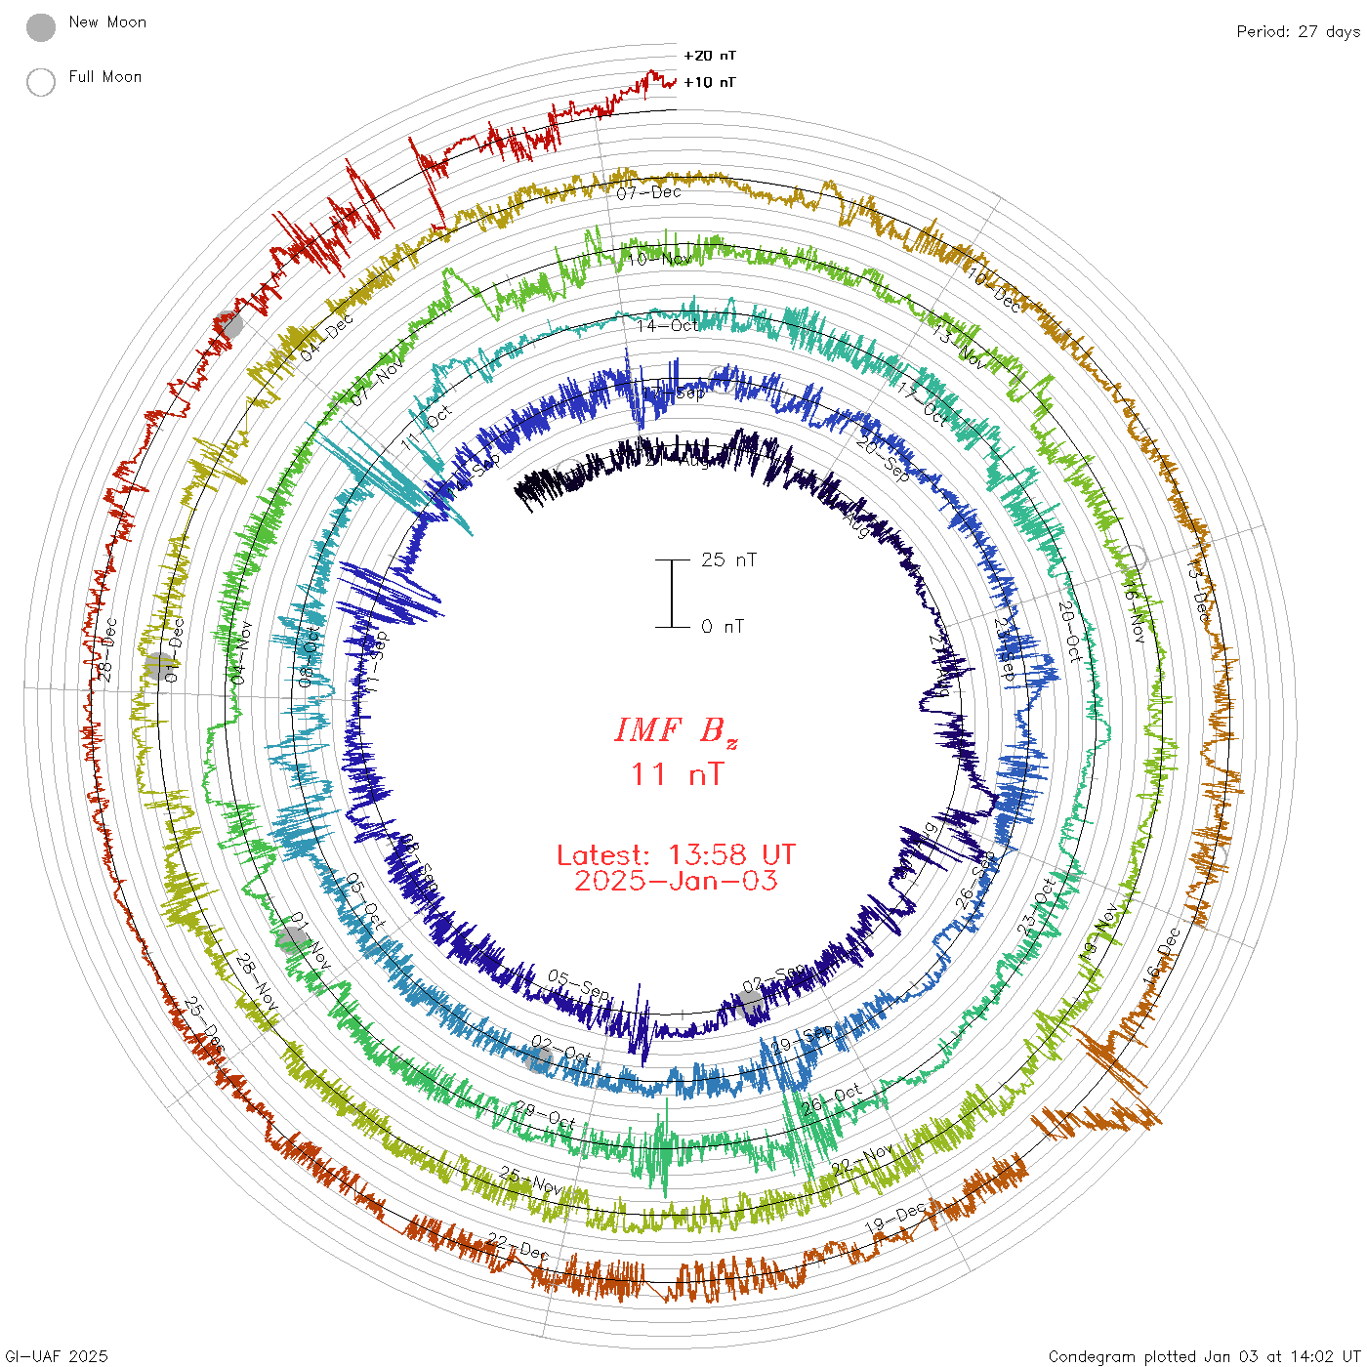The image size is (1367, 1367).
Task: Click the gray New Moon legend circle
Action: click(41, 28)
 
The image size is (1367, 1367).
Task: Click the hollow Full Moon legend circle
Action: click(41, 82)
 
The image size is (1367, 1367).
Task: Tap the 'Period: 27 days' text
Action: click(1298, 32)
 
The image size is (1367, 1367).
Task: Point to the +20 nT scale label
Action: click(710, 56)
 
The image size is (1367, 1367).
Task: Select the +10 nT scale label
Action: click(710, 82)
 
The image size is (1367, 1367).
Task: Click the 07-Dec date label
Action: click(648, 192)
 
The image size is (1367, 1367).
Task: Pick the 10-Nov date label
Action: click(658, 260)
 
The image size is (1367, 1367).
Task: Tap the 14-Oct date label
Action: click(668, 325)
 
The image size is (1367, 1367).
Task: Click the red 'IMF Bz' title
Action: click(676, 731)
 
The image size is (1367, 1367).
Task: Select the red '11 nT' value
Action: click(677, 774)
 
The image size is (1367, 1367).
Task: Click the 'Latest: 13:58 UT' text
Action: click(676, 855)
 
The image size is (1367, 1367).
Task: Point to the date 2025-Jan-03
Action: click(676, 881)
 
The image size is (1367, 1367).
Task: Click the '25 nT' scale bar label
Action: click(728, 560)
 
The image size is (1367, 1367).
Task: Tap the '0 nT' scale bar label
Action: click(723, 627)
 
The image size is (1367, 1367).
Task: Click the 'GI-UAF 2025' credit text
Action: click(56, 1356)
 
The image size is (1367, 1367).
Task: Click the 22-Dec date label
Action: click(518, 1246)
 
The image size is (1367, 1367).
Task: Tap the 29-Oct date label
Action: click(544, 1114)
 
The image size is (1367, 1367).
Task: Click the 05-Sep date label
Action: click(578, 984)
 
